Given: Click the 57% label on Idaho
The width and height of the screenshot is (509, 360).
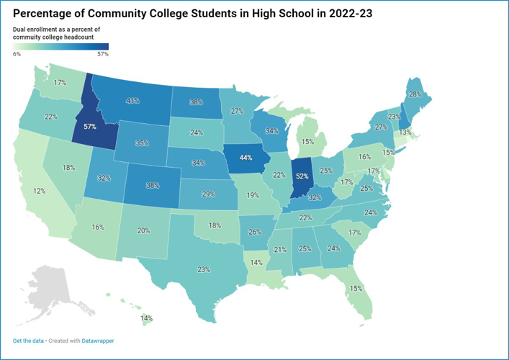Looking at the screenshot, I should pyautogui.click(x=90, y=126).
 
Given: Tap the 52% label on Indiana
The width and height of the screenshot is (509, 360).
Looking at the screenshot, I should pyautogui.click(x=302, y=176).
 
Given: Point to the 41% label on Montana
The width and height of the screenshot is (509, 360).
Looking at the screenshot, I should pyautogui.click(x=132, y=101).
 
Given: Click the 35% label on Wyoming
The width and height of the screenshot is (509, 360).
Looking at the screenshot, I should pyautogui.click(x=142, y=143).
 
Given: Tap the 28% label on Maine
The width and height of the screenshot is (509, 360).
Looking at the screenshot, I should pyautogui.click(x=415, y=94).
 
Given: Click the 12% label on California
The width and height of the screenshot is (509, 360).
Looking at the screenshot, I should pyautogui.click(x=39, y=191).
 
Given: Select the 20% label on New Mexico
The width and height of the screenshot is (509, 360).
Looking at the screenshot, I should pyautogui.click(x=143, y=230).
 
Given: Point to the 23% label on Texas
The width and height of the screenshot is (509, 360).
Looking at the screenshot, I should pyautogui.click(x=204, y=270).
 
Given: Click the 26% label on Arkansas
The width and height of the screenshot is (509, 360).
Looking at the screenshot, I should pyautogui.click(x=254, y=233).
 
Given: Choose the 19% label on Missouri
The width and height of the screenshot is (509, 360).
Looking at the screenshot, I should pyautogui.click(x=253, y=195).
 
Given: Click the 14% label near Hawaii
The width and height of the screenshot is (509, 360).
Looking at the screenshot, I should pyautogui.click(x=146, y=318).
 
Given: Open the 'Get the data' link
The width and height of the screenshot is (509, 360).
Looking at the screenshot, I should pyautogui.click(x=27, y=341).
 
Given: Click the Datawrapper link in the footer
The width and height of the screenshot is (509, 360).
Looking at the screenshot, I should pyautogui.click(x=97, y=341).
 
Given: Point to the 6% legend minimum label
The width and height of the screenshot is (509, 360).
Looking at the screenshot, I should pyautogui.click(x=17, y=54).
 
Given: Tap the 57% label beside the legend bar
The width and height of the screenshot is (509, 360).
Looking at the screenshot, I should pyautogui.click(x=102, y=54).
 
